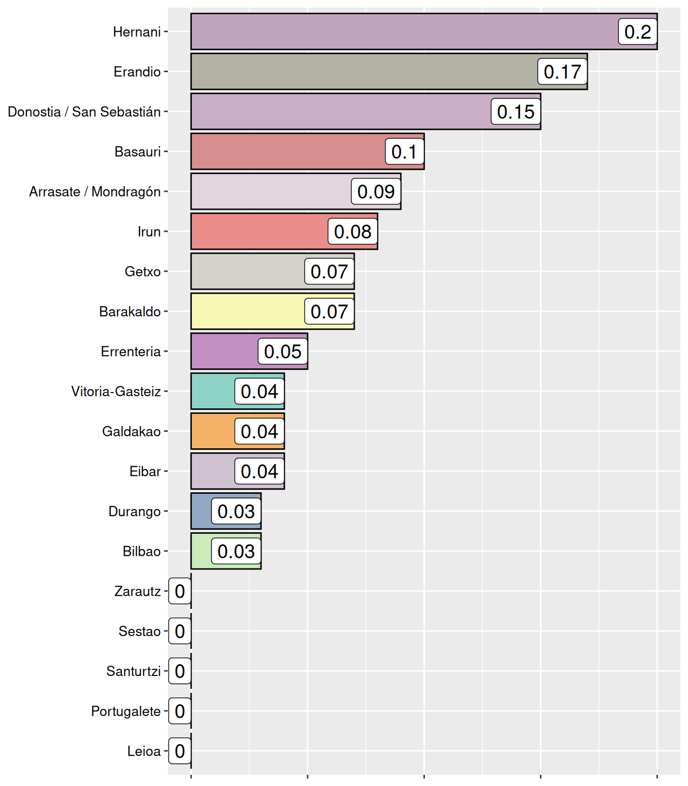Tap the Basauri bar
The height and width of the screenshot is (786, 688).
pos(287,151)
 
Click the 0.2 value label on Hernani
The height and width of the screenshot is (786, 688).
pos(637,32)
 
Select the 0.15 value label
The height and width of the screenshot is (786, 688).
pos(515,112)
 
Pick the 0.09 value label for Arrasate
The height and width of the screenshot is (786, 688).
pos(376,191)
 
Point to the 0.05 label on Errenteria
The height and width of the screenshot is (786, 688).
pos(283,352)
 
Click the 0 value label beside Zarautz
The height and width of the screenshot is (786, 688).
pos(180,591)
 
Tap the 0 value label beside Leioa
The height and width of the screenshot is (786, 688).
pos(180,751)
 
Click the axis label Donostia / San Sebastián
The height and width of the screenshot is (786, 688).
pos(84,112)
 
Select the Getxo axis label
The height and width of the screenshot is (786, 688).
pos(142,271)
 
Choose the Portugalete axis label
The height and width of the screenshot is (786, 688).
pos(126,711)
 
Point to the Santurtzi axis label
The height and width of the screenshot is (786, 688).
pos(134,671)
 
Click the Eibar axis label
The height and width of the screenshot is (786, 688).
pos(145,471)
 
